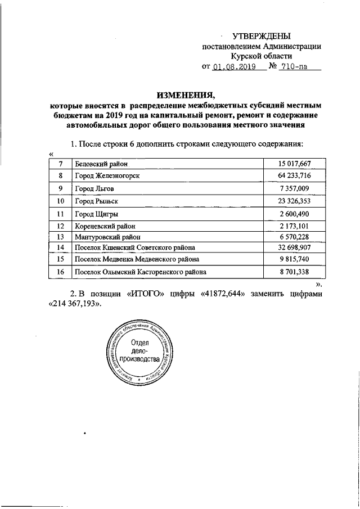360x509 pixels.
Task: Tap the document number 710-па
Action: [x=296, y=66]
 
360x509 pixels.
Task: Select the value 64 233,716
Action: [x=294, y=176]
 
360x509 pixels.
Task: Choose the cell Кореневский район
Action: [x=105, y=226]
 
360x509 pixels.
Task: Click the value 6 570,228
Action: [x=294, y=237]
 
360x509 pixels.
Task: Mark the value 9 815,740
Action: [x=294, y=259]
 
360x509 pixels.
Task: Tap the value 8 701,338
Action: [x=294, y=272]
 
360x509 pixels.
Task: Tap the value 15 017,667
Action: [x=294, y=164]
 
